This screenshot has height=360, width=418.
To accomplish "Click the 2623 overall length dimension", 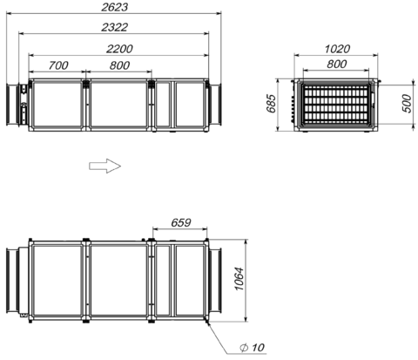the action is pos(114,7).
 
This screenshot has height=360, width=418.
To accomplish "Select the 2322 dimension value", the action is pos(114,27).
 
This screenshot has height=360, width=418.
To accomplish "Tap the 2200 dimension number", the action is pos(119,49).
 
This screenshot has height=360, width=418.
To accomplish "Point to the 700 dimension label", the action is pos(58,65).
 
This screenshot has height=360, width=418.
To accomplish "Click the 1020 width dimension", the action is pos(337,49).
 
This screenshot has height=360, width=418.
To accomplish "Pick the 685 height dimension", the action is pos(271,103).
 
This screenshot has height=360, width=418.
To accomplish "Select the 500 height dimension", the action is pos(407,104).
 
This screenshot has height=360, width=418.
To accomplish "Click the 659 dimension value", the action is pos(180,222).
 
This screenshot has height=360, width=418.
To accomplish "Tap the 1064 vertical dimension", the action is pos(239,279).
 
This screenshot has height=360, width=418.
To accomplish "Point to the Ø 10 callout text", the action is pos(252,348).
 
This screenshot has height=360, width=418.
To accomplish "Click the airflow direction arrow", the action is pos(104,166).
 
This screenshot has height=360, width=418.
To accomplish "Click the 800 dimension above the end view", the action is pos(336,64).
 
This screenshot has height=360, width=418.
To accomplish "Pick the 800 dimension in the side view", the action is pos(119,65).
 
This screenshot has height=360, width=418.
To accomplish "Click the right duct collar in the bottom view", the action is pos(215,281).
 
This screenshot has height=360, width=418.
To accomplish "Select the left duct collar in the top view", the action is pos(13,105).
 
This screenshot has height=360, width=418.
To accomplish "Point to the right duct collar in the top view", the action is pos(215,105).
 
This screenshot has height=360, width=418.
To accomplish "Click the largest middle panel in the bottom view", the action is pos(118,281).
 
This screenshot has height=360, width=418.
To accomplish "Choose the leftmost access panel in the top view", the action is pos(57,105).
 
